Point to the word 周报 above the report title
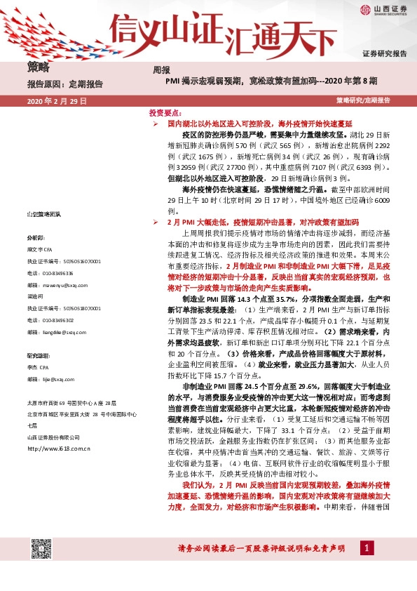[161, 69]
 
